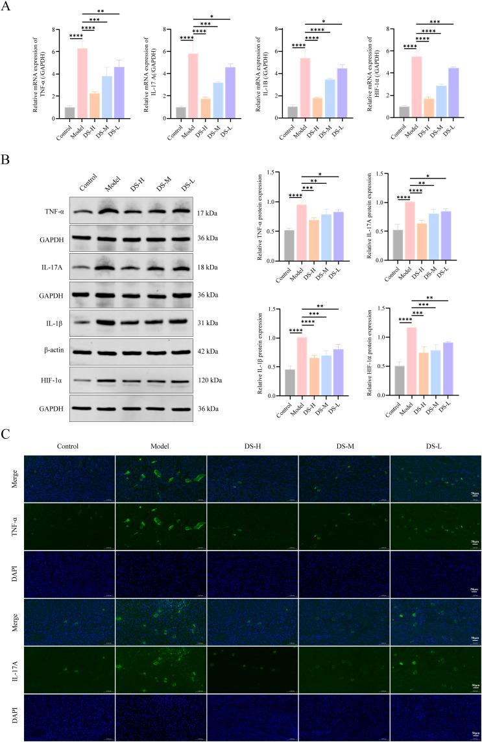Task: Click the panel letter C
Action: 6,434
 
